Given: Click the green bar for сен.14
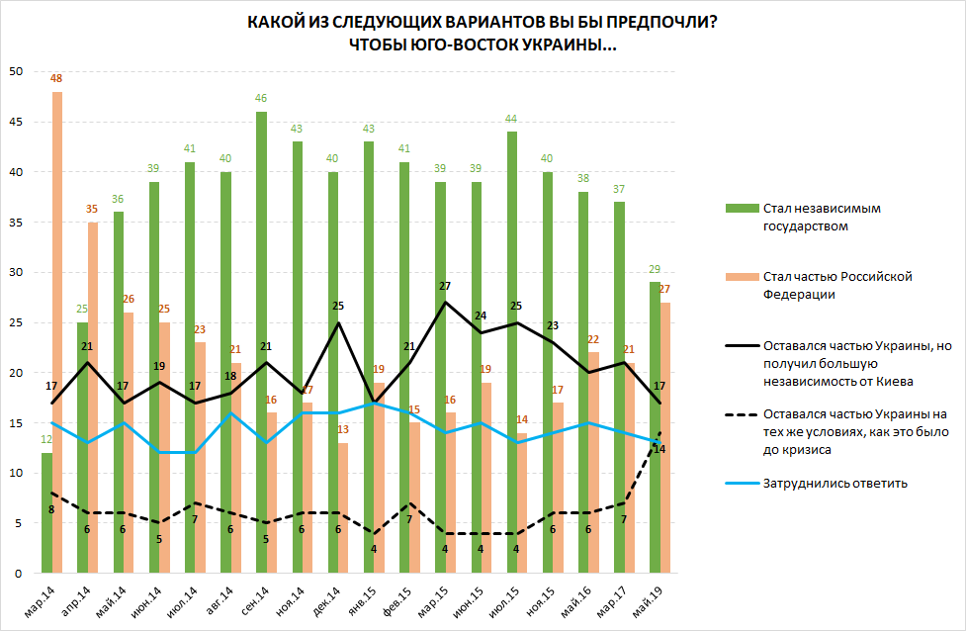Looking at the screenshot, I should (x=262, y=342).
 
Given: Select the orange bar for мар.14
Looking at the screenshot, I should (x=57, y=332).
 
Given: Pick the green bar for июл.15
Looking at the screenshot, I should (x=512, y=352).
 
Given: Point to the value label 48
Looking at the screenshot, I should (x=57, y=78).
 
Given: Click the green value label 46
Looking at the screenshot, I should (x=262, y=98).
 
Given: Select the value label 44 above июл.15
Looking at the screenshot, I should (x=512, y=119).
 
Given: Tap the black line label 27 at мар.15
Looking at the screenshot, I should (x=444, y=286).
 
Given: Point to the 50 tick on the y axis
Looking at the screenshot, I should (x=16, y=71).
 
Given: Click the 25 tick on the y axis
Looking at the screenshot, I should (x=16, y=322).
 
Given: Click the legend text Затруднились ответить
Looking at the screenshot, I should (x=835, y=483).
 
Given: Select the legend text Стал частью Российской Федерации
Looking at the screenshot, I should (x=835, y=284).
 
